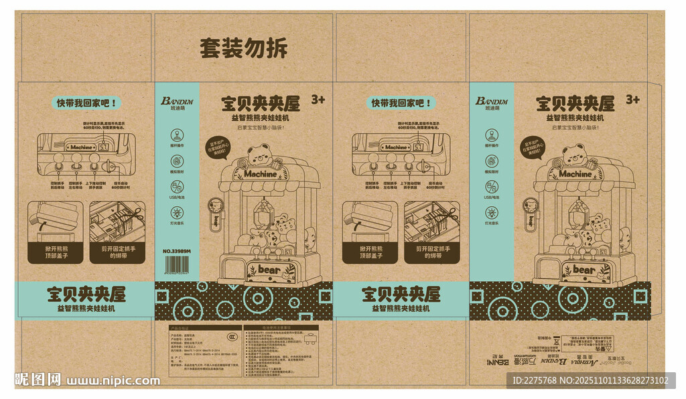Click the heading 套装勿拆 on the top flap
point(243,48)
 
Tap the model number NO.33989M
point(177,252)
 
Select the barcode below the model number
point(177,265)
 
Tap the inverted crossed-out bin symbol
point(553,339)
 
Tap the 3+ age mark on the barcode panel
point(318,100)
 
